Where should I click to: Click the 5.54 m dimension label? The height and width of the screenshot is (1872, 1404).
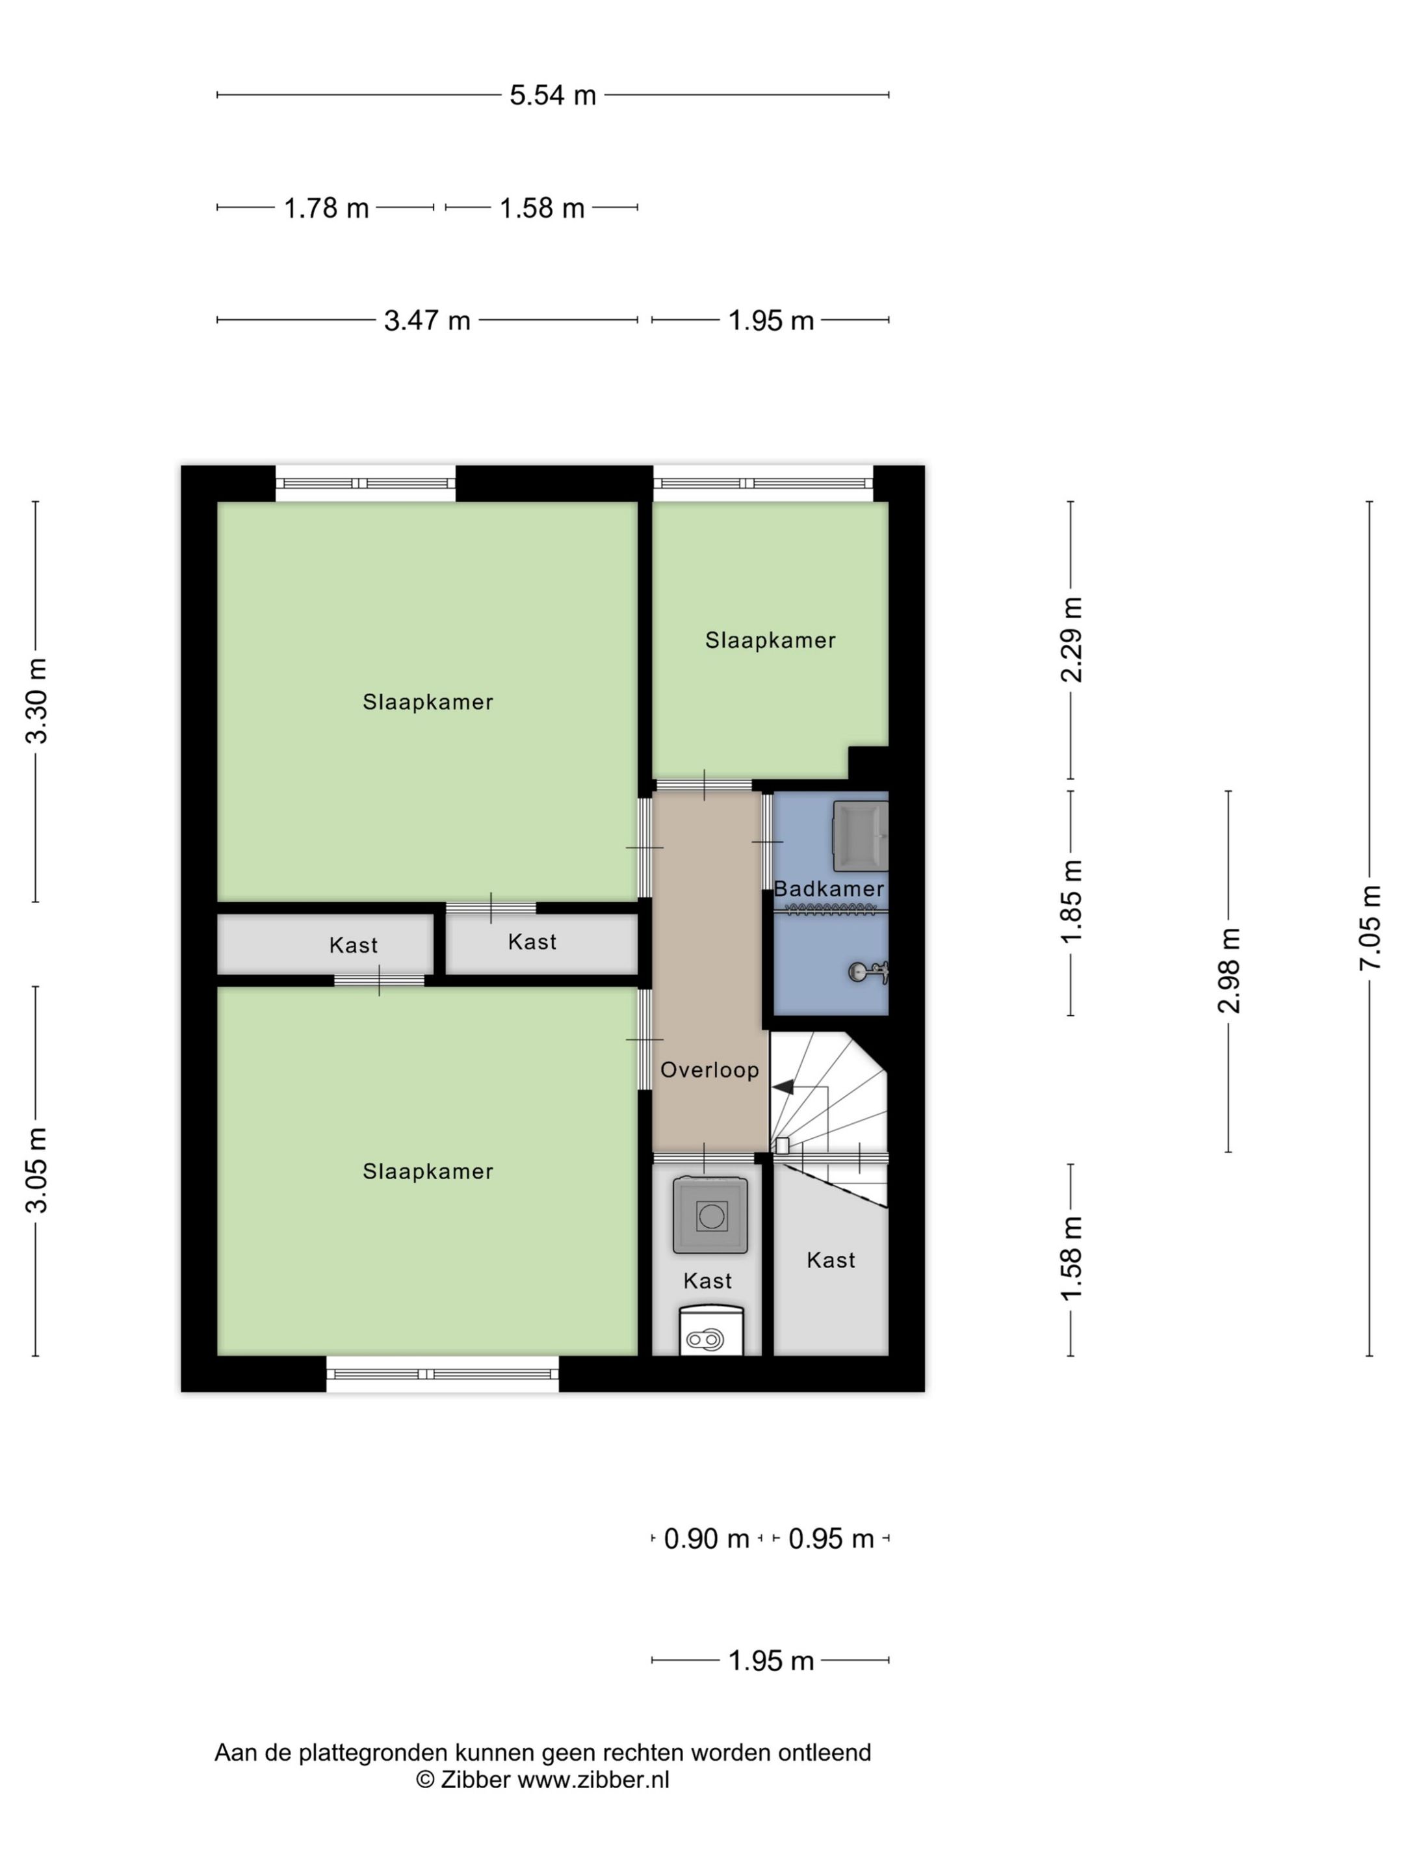pyautogui.click(x=552, y=95)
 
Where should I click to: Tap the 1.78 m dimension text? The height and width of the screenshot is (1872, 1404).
pyautogui.click(x=326, y=207)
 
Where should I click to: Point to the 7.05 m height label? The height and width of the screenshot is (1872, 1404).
pyautogui.click(x=1370, y=928)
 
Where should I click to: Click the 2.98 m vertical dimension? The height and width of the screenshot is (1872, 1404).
pyautogui.click(x=1228, y=970)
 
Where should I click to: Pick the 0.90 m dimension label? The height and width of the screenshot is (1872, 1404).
pyautogui.click(x=707, y=1538)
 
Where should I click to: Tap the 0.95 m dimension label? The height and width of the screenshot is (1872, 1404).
pyautogui.click(x=831, y=1538)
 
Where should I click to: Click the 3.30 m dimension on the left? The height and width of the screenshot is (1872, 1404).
pyautogui.click(x=36, y=701)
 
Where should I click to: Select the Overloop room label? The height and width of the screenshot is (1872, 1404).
pyautogui.click(x=709, y=1070)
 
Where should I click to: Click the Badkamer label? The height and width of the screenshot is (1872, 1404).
pyautogui.click(x=829, y=889)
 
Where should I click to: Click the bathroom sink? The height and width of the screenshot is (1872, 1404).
pyautogui.click(x=861, y=836)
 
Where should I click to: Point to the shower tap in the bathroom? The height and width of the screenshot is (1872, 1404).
pyautogui.click(x=868, y=972)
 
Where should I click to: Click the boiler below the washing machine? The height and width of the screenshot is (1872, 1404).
pyautogui.click(x=711, y=1331)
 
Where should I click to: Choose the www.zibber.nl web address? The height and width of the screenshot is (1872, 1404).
pyautogui.click(x=593, y=1780)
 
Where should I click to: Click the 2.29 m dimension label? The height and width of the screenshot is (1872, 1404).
pyautogui.click(x=1071, y=640)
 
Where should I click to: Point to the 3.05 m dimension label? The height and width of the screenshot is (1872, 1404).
pyautogui.click(x=36, y=1171)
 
